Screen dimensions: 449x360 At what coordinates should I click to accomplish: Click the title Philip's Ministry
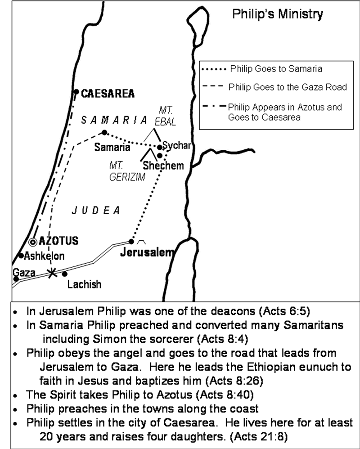[277, 14]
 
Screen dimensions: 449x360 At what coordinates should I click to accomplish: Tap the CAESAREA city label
[108, 94]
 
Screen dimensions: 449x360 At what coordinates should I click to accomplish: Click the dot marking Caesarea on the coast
[76, 92]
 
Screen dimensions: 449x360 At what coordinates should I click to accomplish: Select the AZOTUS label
[58, 241]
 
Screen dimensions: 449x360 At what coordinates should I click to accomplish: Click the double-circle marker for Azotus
[33, 242]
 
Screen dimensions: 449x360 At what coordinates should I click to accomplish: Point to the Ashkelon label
[44, 256]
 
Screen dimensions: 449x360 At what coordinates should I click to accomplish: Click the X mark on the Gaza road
[53, 273]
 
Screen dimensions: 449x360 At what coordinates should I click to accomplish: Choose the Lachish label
[84, 284]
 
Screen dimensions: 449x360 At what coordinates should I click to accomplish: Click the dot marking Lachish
[65, 274]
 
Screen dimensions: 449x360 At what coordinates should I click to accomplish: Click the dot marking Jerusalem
[131, 242]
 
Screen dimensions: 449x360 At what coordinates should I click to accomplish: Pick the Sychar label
[177, 146]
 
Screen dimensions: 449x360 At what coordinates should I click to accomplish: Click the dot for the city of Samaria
[104, 132]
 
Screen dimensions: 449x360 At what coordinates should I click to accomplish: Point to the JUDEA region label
[97, 210]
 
